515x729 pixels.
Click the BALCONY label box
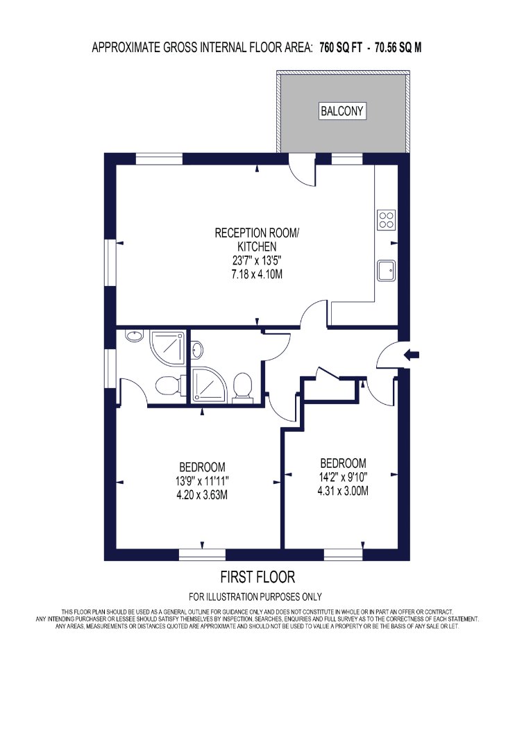tap(342, 111)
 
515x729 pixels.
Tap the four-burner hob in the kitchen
tap(386, 220)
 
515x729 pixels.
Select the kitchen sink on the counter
tap(386, 270)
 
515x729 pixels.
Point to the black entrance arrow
tap(412, 355)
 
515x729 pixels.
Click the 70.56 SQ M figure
tap(398, 47)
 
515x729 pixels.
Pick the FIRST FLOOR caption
tap(257, 577)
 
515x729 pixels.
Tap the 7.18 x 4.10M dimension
tap(257, 274)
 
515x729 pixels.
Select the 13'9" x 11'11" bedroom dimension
tap(202, 480)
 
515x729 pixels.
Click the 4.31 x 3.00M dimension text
tap(343, 490)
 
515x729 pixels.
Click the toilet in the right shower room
tap(242, 386)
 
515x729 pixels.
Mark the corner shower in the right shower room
tap(208, 384)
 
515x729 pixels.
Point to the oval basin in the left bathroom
tap(135, 336)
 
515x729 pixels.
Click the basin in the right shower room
tap(197, 350)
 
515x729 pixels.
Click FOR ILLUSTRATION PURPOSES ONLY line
tap(255, 596)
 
